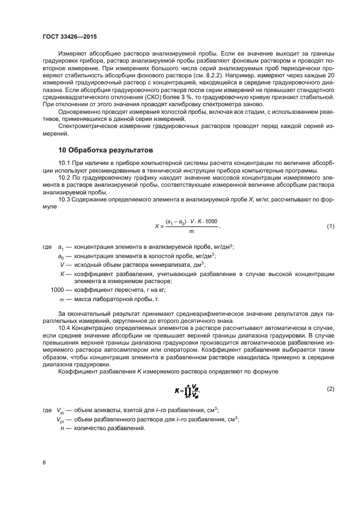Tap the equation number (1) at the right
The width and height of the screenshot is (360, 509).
[x=330, y=226]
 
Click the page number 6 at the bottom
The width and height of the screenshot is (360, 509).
[x=44, y=462]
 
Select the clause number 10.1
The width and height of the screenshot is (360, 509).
[x=65, y=163]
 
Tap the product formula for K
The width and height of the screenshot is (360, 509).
[x=187, y=390]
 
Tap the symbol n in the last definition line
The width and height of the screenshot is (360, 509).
[x=62, y=428]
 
